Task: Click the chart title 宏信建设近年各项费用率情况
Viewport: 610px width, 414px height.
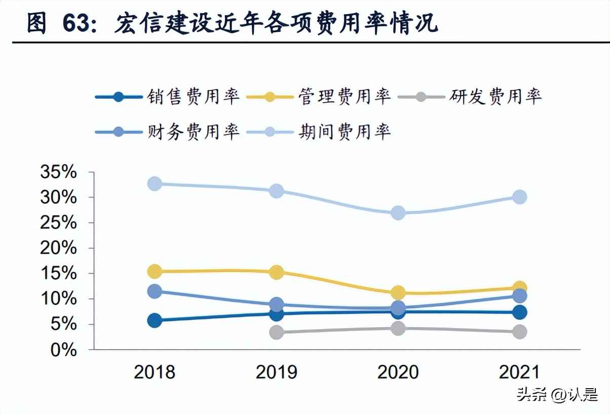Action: coord(276,24)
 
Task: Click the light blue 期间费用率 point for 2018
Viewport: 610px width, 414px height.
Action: coord(155,184)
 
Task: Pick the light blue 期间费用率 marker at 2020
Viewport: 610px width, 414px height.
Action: coord(398,213)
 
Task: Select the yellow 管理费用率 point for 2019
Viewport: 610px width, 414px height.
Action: coord(276,272)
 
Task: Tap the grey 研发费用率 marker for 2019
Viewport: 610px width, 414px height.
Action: coord(276,333)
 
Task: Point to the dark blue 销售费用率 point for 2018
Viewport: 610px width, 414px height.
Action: coord(155,320)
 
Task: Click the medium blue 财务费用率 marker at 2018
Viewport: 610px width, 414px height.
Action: coord(155,291)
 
